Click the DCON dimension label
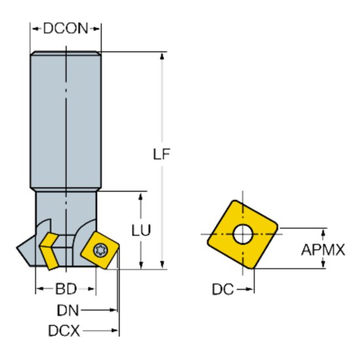[x=65, y=28]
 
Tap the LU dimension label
[x=141, y=230]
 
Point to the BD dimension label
[x=65, y=289]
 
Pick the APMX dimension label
[x=323, y=249]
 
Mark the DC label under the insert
[x=223, y=289]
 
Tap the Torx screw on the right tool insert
[x=101, y=250]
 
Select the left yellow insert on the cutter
[x=50, y=249]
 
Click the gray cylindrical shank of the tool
[x=65, y=118]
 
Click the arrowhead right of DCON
[x=98, y=28]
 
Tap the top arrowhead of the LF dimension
[x=162, y=56]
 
